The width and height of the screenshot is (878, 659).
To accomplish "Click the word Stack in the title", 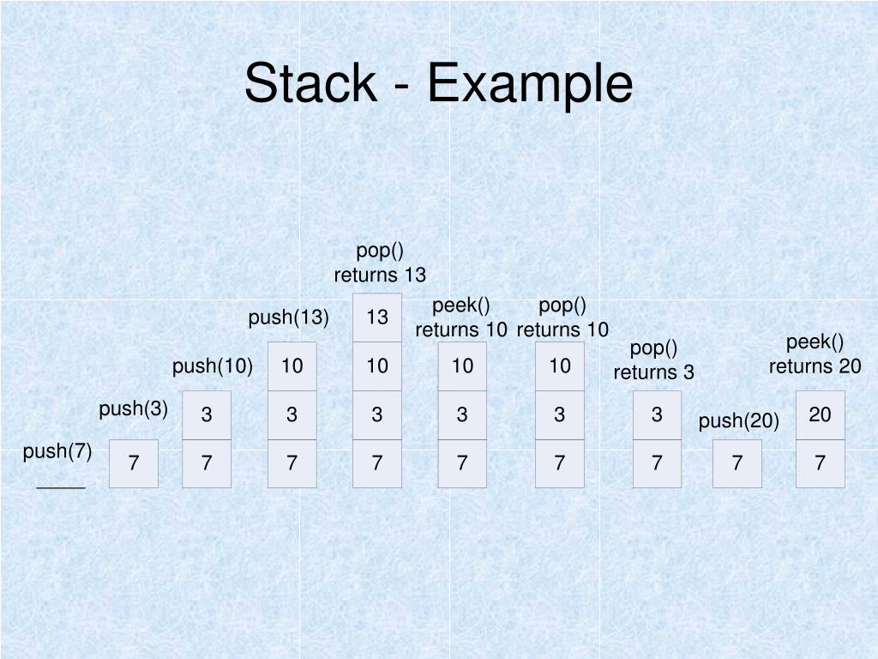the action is [x=310, y=84].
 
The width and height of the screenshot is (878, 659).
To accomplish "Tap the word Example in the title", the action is [x=531, y=84].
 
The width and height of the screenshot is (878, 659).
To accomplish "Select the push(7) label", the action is [x=57, y=451].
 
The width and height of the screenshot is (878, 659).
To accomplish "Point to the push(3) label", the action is [x=133, y=408].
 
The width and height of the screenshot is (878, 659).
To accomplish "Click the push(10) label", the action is [x=212, y=366].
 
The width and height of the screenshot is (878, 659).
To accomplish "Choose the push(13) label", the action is [x=289, y=317].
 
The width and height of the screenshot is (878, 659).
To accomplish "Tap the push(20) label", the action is [x=738, y=420].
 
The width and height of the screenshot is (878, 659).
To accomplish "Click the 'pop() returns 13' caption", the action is [x=380, y=263].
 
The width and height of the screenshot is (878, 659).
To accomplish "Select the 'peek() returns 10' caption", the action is [x=461, y=317].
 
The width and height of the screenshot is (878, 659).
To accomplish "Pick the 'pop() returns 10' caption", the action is [x=562, y=317].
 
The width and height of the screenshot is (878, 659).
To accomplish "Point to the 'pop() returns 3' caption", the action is [x=653, y=360].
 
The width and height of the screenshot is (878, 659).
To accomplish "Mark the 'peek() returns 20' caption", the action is [x=815, y=354].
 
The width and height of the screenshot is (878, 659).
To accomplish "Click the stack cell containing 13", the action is [x=377, y=317].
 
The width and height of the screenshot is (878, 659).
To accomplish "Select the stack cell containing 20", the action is [x=820, y=414].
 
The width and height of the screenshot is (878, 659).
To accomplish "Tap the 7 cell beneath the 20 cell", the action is [x=820, y=463].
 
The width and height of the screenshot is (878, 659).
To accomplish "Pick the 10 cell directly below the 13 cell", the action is [x=377, y=366].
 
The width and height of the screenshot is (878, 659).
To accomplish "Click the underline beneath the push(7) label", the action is [x=61, y=487].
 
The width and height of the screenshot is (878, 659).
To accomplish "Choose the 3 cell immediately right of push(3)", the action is [x=207, y=414].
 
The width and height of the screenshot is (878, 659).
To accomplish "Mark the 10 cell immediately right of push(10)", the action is [x=292, y=366].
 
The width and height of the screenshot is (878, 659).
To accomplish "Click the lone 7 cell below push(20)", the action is [x=737, y=463].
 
